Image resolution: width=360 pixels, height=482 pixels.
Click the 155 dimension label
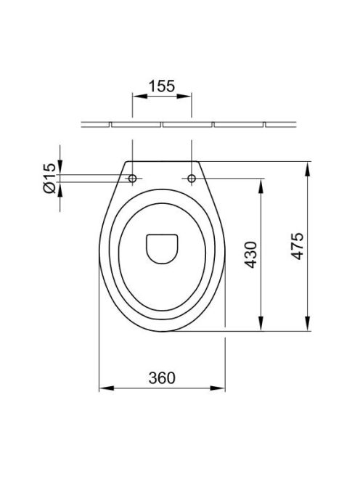[x=162, y=86]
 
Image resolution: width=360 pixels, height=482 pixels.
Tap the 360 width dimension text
[x=162, y=377]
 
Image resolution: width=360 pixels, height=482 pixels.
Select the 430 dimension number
[x=250, y=255]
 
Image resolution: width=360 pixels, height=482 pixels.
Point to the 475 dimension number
[x=297, y=246]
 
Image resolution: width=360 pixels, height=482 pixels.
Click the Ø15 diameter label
[x=49, y=178]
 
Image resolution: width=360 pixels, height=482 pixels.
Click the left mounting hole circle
[x=133, y=179]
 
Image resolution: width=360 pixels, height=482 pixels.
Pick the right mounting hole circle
[x=192, y=179]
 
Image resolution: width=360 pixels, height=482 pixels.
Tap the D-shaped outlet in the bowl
[x=162, y=249]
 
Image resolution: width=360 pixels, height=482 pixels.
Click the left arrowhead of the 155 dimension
[x=139, y=96]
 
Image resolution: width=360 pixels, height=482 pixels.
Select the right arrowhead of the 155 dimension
[x=184, y=96]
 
